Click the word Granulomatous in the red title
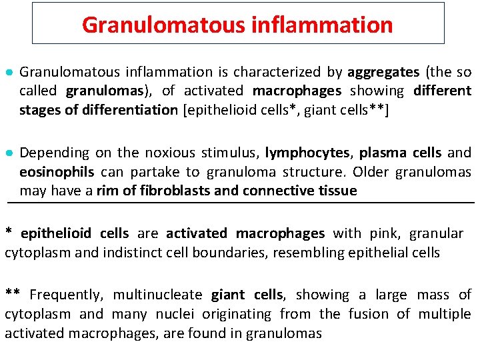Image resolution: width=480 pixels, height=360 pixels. coord(163,25)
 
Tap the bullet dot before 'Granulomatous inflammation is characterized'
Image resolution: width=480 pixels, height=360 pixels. coord(9,72)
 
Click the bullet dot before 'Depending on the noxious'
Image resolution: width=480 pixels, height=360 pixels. coord(9,153)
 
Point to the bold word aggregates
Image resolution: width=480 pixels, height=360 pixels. coord(383,72)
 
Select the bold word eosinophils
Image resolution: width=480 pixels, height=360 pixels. coord(57,172)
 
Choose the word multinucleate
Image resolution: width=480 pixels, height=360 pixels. coord(159,295)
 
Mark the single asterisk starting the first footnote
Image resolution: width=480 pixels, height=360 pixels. coord(9,233)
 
